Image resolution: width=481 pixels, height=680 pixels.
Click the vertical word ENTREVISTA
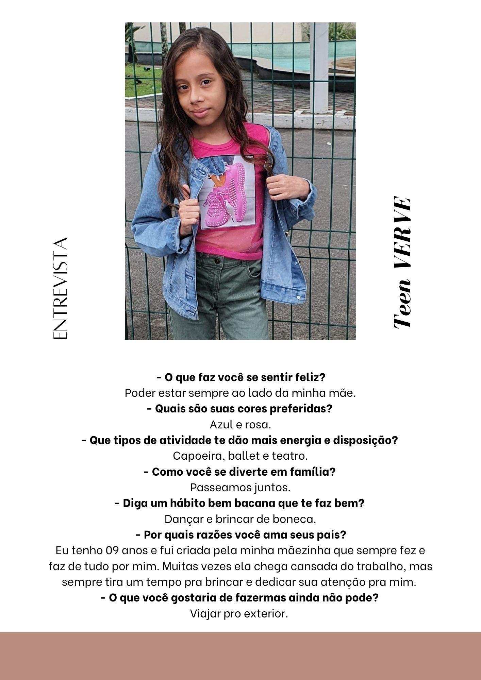pyautogui.click(x=61, y=288)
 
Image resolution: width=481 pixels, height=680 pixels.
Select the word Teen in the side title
pyautogui.click(x=402, y=303)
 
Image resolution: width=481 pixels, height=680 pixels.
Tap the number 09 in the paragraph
pyautogui.click(x=112, y=550)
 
